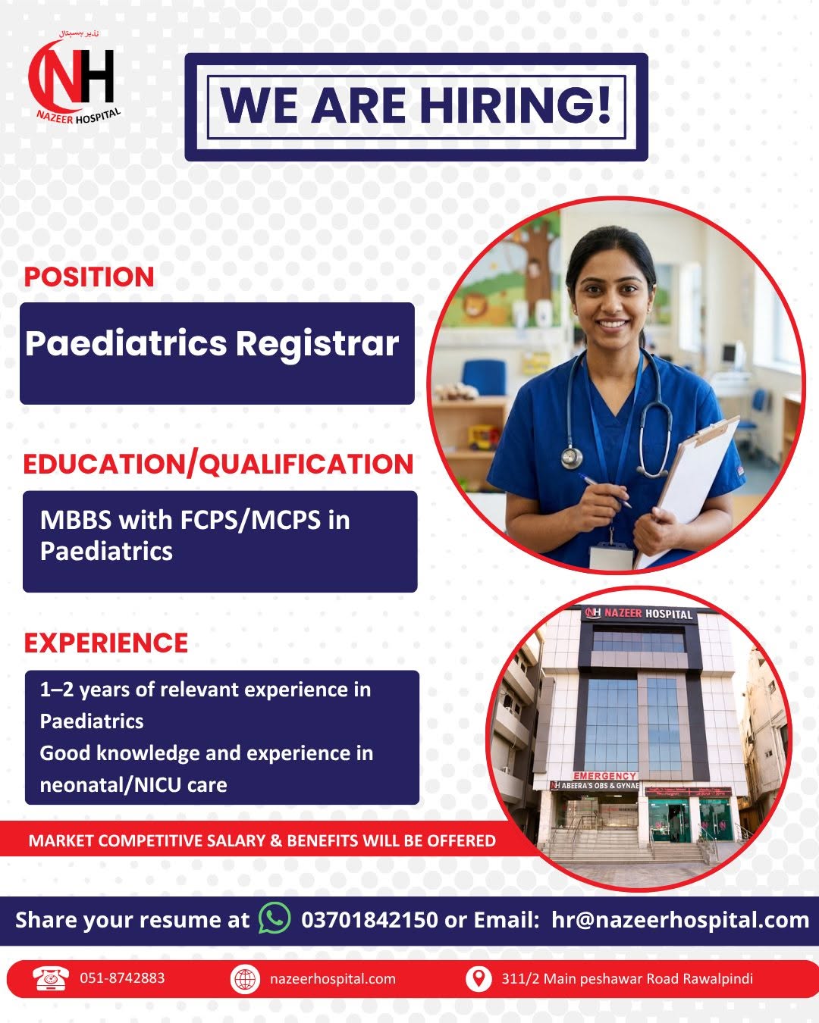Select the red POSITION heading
pyautogui.click(x=89, y=277)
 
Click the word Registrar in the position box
pyautogui.click(x=318, y=344)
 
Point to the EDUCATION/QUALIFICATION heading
pyautogui.click(x=218, y=465)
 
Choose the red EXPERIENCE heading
pyautogui.click(x=105, y=643)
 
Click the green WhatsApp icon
pyautogui.click(x=275, y=918)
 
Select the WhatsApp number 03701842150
pyautogui.click(x=369, y=920)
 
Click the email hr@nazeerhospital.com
pyautogui.click(x=680, y=920)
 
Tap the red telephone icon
pyautogui.click(x=51, y=978)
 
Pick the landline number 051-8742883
pyautogui.click(x=122, y=978)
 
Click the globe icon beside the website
pyautogui.click(x=245, y=979)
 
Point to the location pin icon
pyautogui.click(x=478, y=979)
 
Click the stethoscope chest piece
pyautogui.click(x=572, y=457)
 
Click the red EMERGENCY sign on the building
pyautogui.click(x=604, y=776)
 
